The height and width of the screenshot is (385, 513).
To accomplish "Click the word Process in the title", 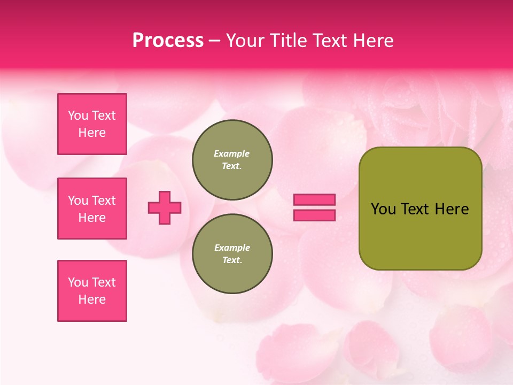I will tap(168, 41).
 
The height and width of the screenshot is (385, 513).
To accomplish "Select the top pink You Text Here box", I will tap(92, 124).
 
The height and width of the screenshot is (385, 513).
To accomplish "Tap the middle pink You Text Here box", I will tap(92, 209).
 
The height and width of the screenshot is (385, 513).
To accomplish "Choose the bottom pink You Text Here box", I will tap(92, 291).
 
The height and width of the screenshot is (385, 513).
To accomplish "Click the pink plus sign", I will tap(165, 207).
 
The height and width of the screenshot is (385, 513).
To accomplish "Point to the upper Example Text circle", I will tap(232, 159).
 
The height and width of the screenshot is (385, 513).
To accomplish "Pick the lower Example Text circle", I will tap(232, 253).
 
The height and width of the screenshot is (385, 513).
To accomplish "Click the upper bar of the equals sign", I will tap(314, 199).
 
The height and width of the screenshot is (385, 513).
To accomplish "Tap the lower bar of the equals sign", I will tap(314, 215).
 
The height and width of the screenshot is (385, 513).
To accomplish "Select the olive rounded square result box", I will tap(420, 235).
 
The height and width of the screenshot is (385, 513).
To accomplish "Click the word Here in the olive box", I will tap(452, 209).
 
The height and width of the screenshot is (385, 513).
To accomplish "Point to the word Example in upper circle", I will tap(232, 153).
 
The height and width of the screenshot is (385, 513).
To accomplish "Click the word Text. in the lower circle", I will tap(232, 260).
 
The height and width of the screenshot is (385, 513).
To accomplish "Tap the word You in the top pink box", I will tap(78, 115).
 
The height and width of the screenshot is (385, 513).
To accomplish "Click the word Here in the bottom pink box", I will tap(92, 299).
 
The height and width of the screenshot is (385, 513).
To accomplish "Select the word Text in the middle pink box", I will tap(104, 201).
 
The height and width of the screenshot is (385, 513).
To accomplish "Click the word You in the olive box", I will tap(383, 209).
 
